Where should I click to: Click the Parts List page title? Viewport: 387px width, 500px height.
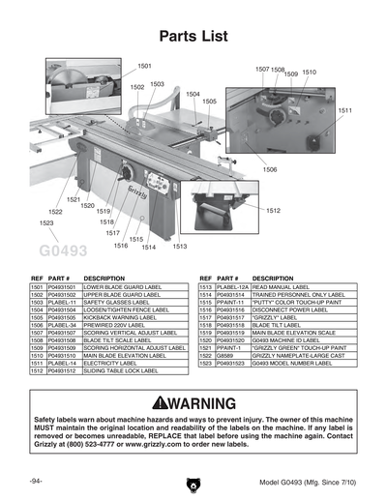[x=193, y=37]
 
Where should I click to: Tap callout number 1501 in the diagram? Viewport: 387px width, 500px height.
[x=144, y=66]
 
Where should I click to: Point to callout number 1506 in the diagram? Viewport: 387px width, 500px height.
[x=269, y=169]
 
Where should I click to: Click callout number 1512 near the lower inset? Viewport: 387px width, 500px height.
[x=274, y=210]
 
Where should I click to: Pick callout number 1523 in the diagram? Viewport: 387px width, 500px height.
[x=46, y=223]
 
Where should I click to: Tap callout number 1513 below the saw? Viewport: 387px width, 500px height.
[x=180, y=247]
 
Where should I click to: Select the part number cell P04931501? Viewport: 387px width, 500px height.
[x=63, y=288]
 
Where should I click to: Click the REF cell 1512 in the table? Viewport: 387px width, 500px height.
[x=37, y=370]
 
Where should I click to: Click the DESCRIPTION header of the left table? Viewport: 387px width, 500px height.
[x=104, y=279]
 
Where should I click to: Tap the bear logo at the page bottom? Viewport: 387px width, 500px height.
[x=193, y=481]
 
